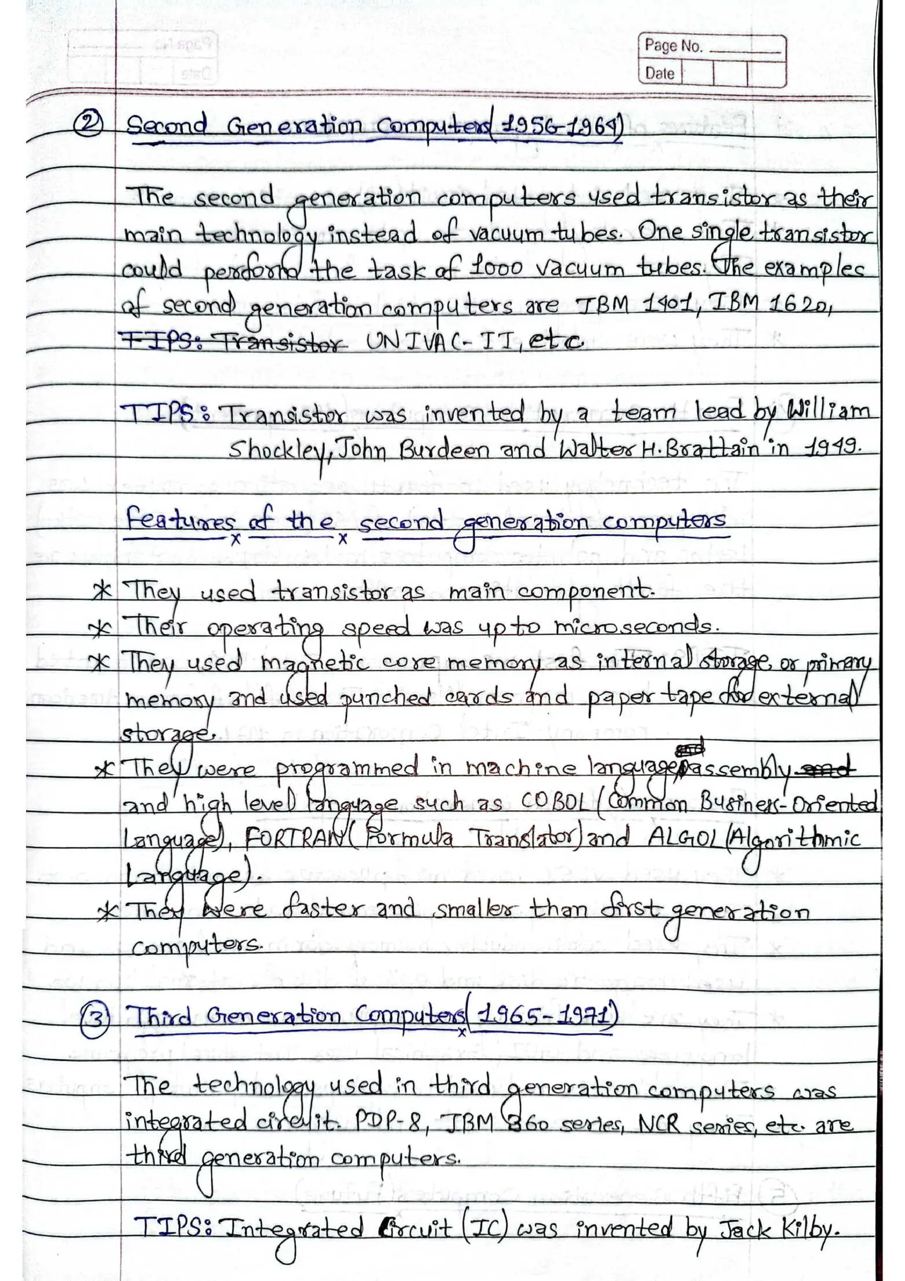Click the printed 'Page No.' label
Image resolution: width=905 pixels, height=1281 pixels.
[673, 46]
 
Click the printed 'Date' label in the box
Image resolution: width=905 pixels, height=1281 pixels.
[659, 74]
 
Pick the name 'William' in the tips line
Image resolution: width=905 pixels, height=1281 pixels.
[828, 411]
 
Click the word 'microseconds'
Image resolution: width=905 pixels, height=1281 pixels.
[635, 626]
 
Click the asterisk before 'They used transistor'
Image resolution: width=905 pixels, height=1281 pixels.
[102, 591]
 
